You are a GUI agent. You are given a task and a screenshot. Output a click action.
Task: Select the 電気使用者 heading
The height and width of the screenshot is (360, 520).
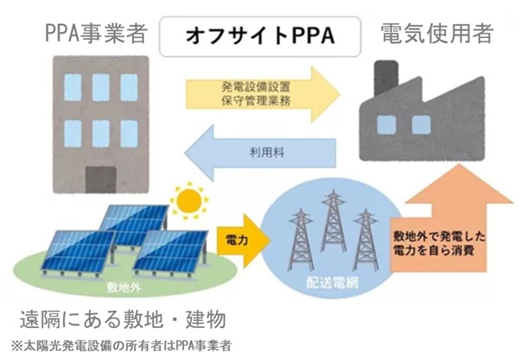436,34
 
